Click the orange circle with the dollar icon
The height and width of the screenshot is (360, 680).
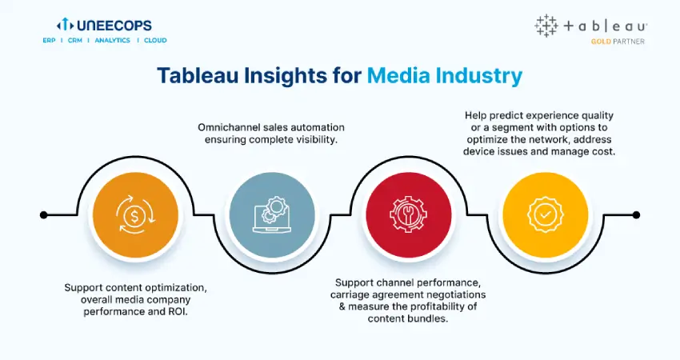coord(135,215)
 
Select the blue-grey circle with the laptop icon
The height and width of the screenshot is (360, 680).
coord(272,215)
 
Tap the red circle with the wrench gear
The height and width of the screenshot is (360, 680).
coord(409,215)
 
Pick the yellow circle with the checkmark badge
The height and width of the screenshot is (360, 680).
coord(545,215)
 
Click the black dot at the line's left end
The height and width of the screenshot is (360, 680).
coord(43,214)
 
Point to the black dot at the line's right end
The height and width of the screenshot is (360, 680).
coord(636,214)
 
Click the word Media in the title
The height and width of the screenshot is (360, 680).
coord(398,75)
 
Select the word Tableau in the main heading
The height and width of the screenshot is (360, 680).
coord(198,75)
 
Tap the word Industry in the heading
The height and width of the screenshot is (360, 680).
coord(478,76)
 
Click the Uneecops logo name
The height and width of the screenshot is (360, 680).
coord(114,25)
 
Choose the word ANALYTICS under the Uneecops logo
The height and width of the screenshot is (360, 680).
coord(112,40)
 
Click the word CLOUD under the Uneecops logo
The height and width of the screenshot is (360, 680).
coord(155,40)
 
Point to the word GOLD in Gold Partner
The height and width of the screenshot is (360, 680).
coord(601,42)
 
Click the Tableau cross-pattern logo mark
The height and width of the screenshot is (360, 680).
coord(546,26)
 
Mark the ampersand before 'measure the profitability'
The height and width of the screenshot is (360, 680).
coord(342,306)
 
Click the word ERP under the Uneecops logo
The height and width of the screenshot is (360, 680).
coord(49,40)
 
